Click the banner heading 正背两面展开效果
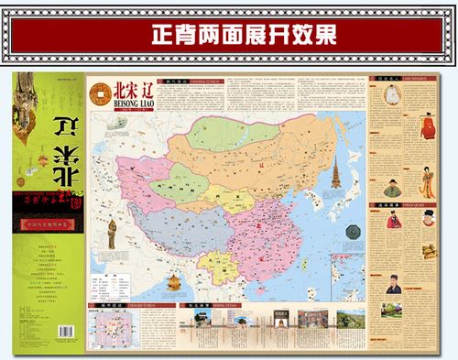pos(230,34)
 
